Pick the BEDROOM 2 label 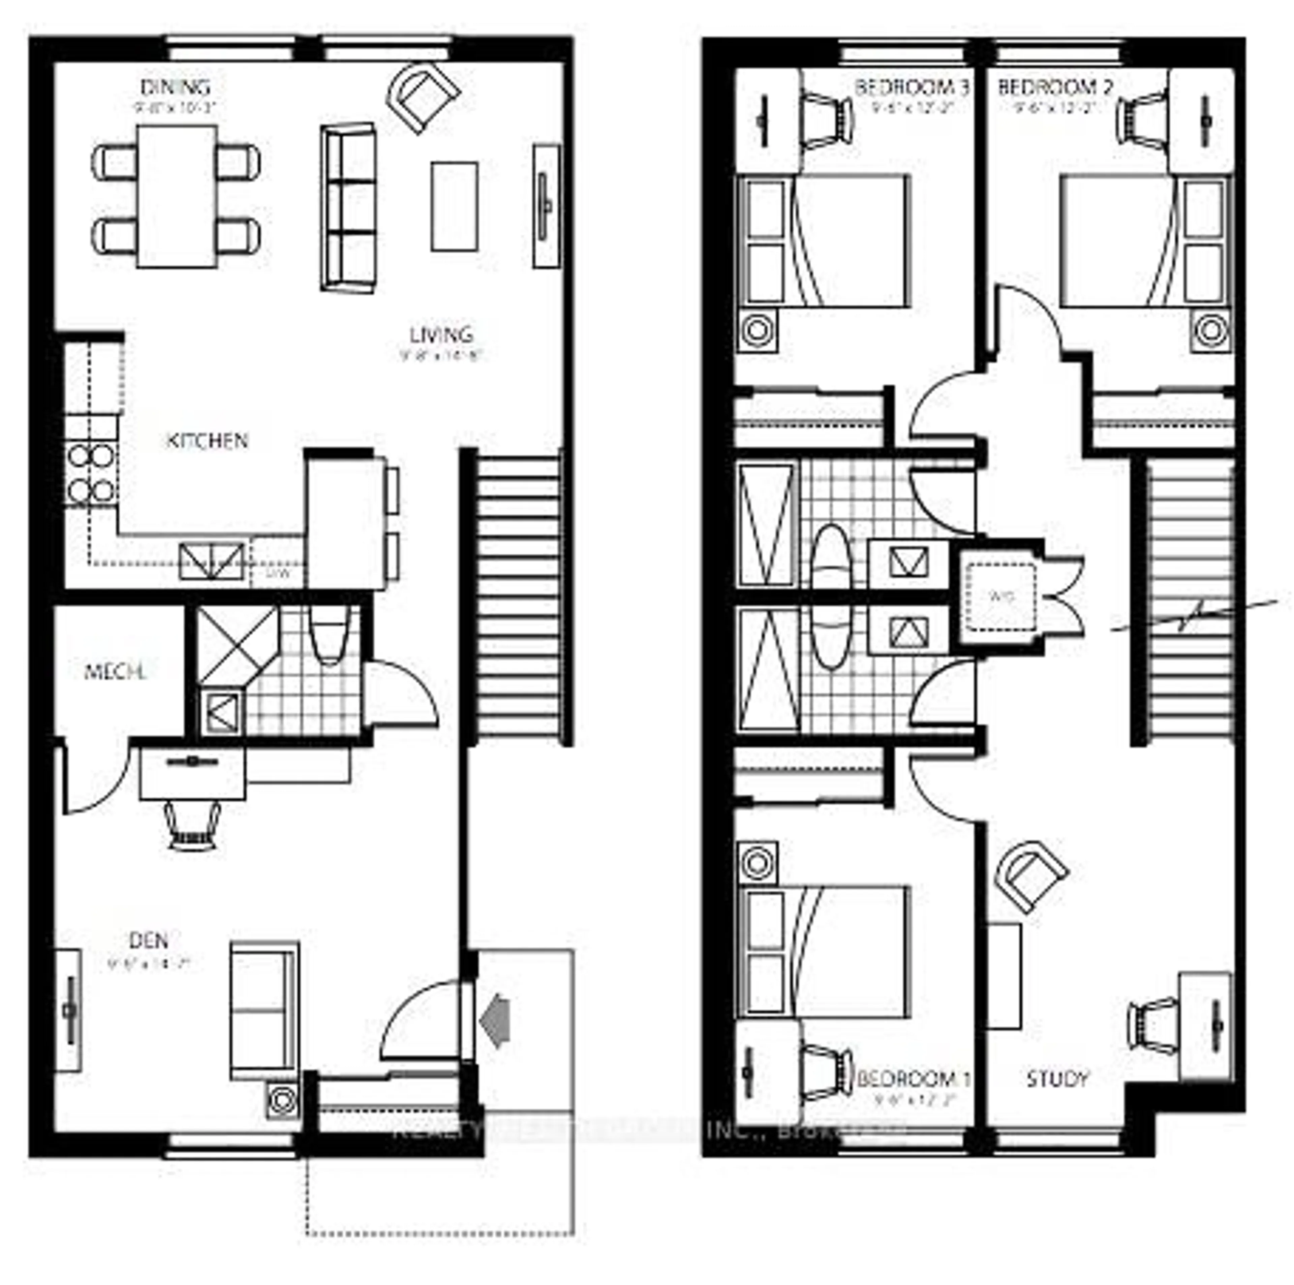coord(1054,87)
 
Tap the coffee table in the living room coord(454,206)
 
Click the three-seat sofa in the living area coord(348,207)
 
